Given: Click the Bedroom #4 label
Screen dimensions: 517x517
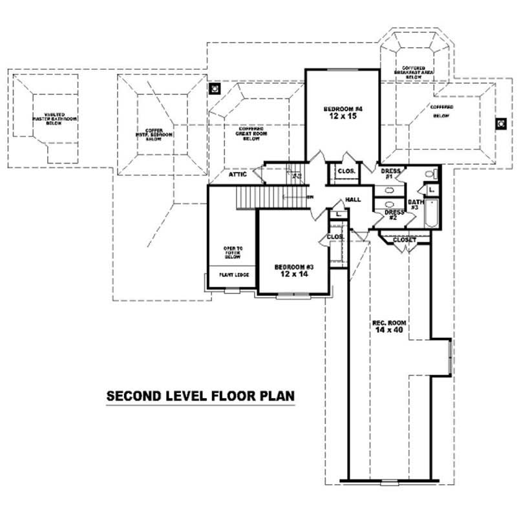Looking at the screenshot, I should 342,109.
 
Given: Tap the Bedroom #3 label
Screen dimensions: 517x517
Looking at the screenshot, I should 293,267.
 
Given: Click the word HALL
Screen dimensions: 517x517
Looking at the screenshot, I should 353,200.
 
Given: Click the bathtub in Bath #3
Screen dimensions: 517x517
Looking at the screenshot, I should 432,214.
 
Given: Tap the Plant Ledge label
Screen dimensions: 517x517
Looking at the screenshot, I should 230,274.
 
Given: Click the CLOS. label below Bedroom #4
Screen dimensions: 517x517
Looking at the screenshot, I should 344,172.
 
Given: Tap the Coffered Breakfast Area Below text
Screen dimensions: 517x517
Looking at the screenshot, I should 414,72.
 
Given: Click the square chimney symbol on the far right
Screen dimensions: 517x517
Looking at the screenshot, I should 500,123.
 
